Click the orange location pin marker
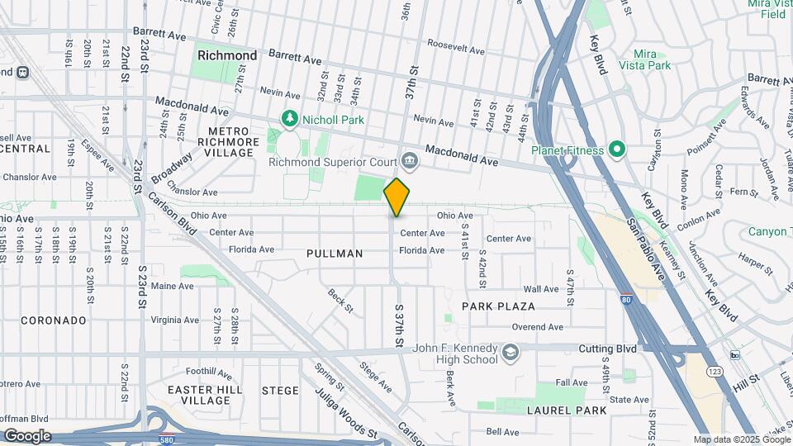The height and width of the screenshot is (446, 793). coord(397,197)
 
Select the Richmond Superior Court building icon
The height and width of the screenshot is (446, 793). coord(408,160)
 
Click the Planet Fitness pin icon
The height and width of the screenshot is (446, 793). coord(616,149)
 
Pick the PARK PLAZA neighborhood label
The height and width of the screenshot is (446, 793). coord(498,306)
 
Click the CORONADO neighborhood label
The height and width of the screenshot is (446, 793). coord(54,320)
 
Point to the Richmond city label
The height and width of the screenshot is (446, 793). coord(227,55)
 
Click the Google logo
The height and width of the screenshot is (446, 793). coord(26,436)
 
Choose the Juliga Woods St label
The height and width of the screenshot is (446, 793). coord(346,409)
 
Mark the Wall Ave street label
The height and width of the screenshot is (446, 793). coord(542,289)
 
